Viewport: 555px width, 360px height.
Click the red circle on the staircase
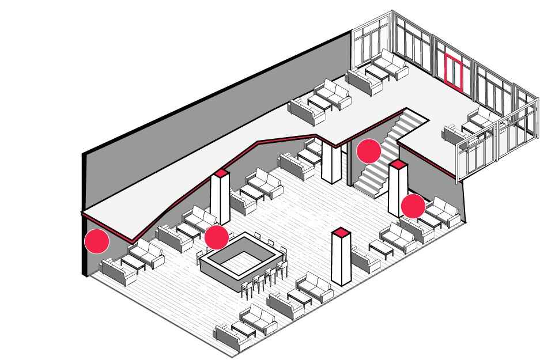(x=369, y=151)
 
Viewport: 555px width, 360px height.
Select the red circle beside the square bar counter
(x=217, y=236)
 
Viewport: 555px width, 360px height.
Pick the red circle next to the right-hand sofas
(x=413, y=206)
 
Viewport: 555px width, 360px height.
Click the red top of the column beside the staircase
(x=398, y=165)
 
